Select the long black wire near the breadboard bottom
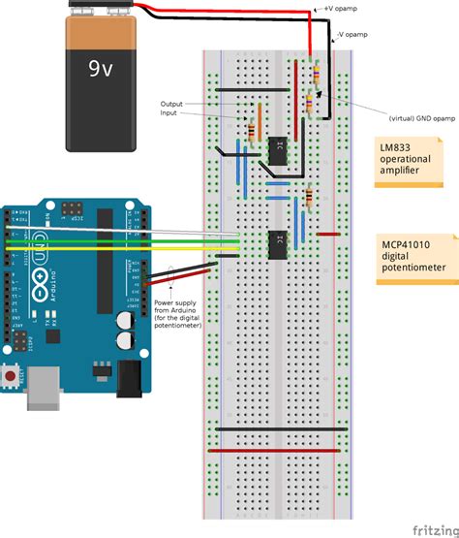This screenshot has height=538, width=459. click(281, 428)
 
